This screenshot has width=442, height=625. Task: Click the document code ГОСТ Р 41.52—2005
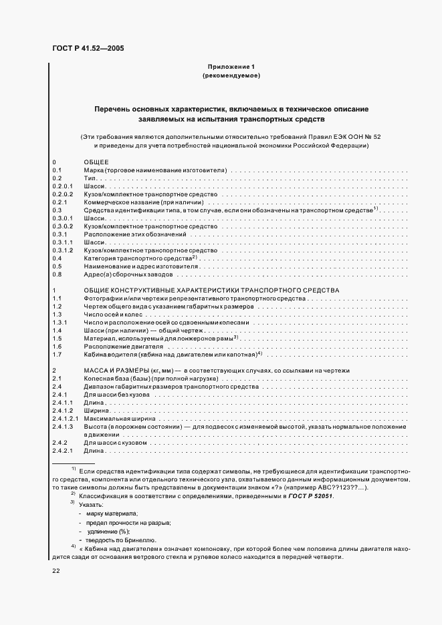(x=87, y=48)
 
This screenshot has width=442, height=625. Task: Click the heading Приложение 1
(x=231, y=67)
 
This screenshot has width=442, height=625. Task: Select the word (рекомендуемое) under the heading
(x=231, y=76)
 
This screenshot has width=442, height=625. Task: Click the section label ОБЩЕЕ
(x=96, y=163)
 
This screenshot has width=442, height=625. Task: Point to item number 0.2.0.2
(x=62, y=194)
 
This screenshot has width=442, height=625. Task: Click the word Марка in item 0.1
(x=93, y=171)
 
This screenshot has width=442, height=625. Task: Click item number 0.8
(x=57, y=274)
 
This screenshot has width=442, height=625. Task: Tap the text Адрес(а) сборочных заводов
(x=128, y=274)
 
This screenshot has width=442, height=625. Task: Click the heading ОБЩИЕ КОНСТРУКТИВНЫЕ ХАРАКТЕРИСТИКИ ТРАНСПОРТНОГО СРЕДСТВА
(x=212, y=290)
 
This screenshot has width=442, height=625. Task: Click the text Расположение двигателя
(x=123, y=347)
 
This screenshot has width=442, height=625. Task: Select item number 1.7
(x=57, y=355)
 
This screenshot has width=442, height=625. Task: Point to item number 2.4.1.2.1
(x=65, y=418)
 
